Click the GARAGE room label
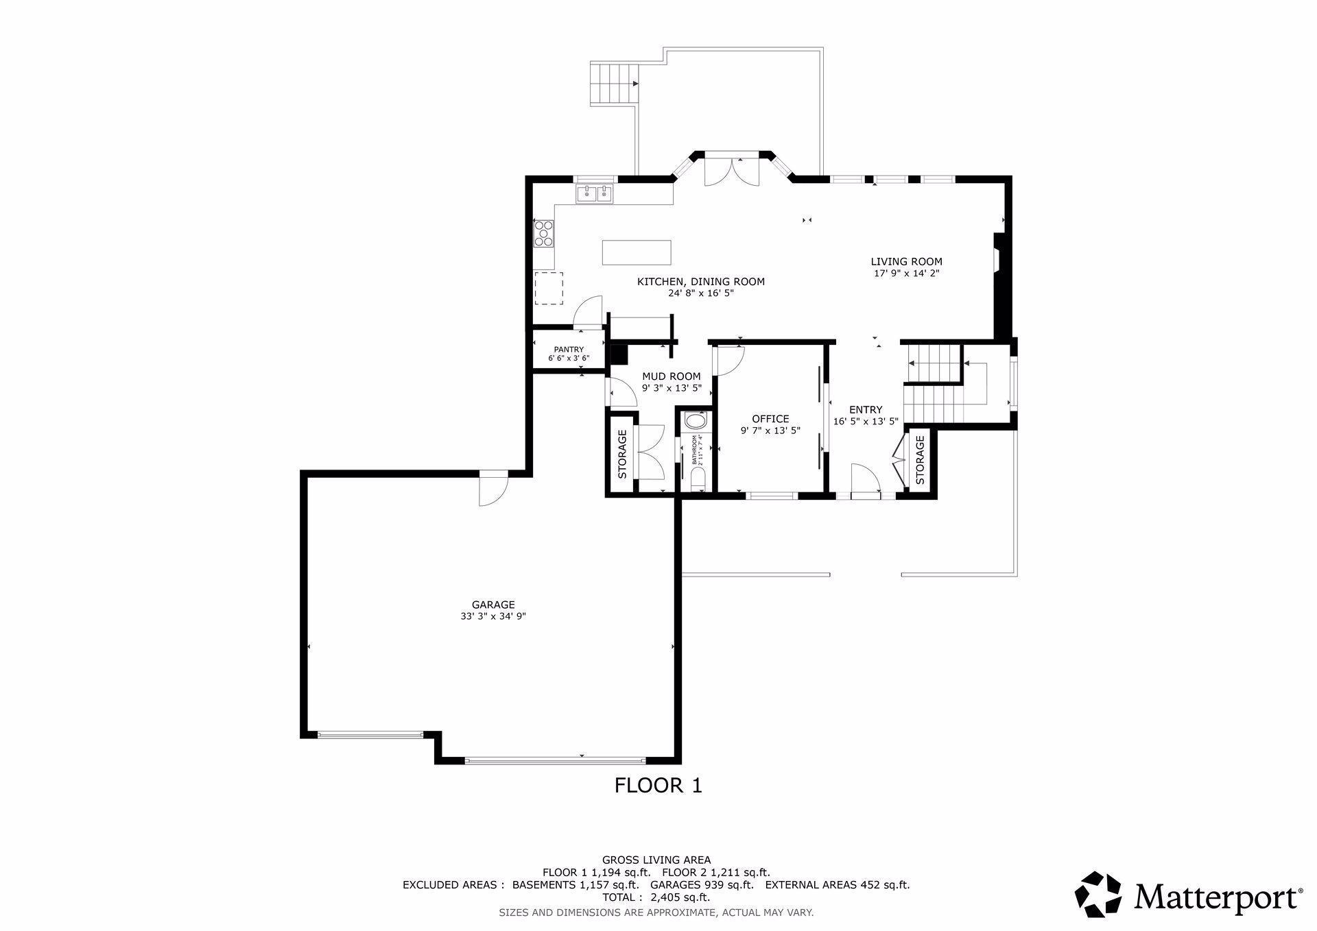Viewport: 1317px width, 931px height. (x=493, y=605)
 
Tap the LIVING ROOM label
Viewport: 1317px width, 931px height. (x=906, y=261)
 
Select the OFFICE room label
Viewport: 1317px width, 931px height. (x=770, y=419)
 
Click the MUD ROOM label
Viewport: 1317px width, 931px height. (x=671, y=376)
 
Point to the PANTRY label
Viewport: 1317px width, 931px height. (x=569, y=350)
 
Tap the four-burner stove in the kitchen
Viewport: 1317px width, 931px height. (x=544, y=232)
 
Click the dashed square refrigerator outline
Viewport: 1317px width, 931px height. (x=549, y=288)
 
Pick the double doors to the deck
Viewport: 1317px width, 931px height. (x=732, y=171)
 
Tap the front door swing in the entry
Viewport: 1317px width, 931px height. (x=866, y=478)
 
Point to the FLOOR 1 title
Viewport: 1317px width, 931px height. (x=658, y=785)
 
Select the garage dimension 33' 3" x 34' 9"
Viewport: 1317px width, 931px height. (x=493, y=616)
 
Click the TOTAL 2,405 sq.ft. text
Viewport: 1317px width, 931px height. (x=656, y=897)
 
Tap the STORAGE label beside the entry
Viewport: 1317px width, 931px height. (x=920, y=460)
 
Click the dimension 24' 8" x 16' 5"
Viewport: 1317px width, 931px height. (x=701, y=293)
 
